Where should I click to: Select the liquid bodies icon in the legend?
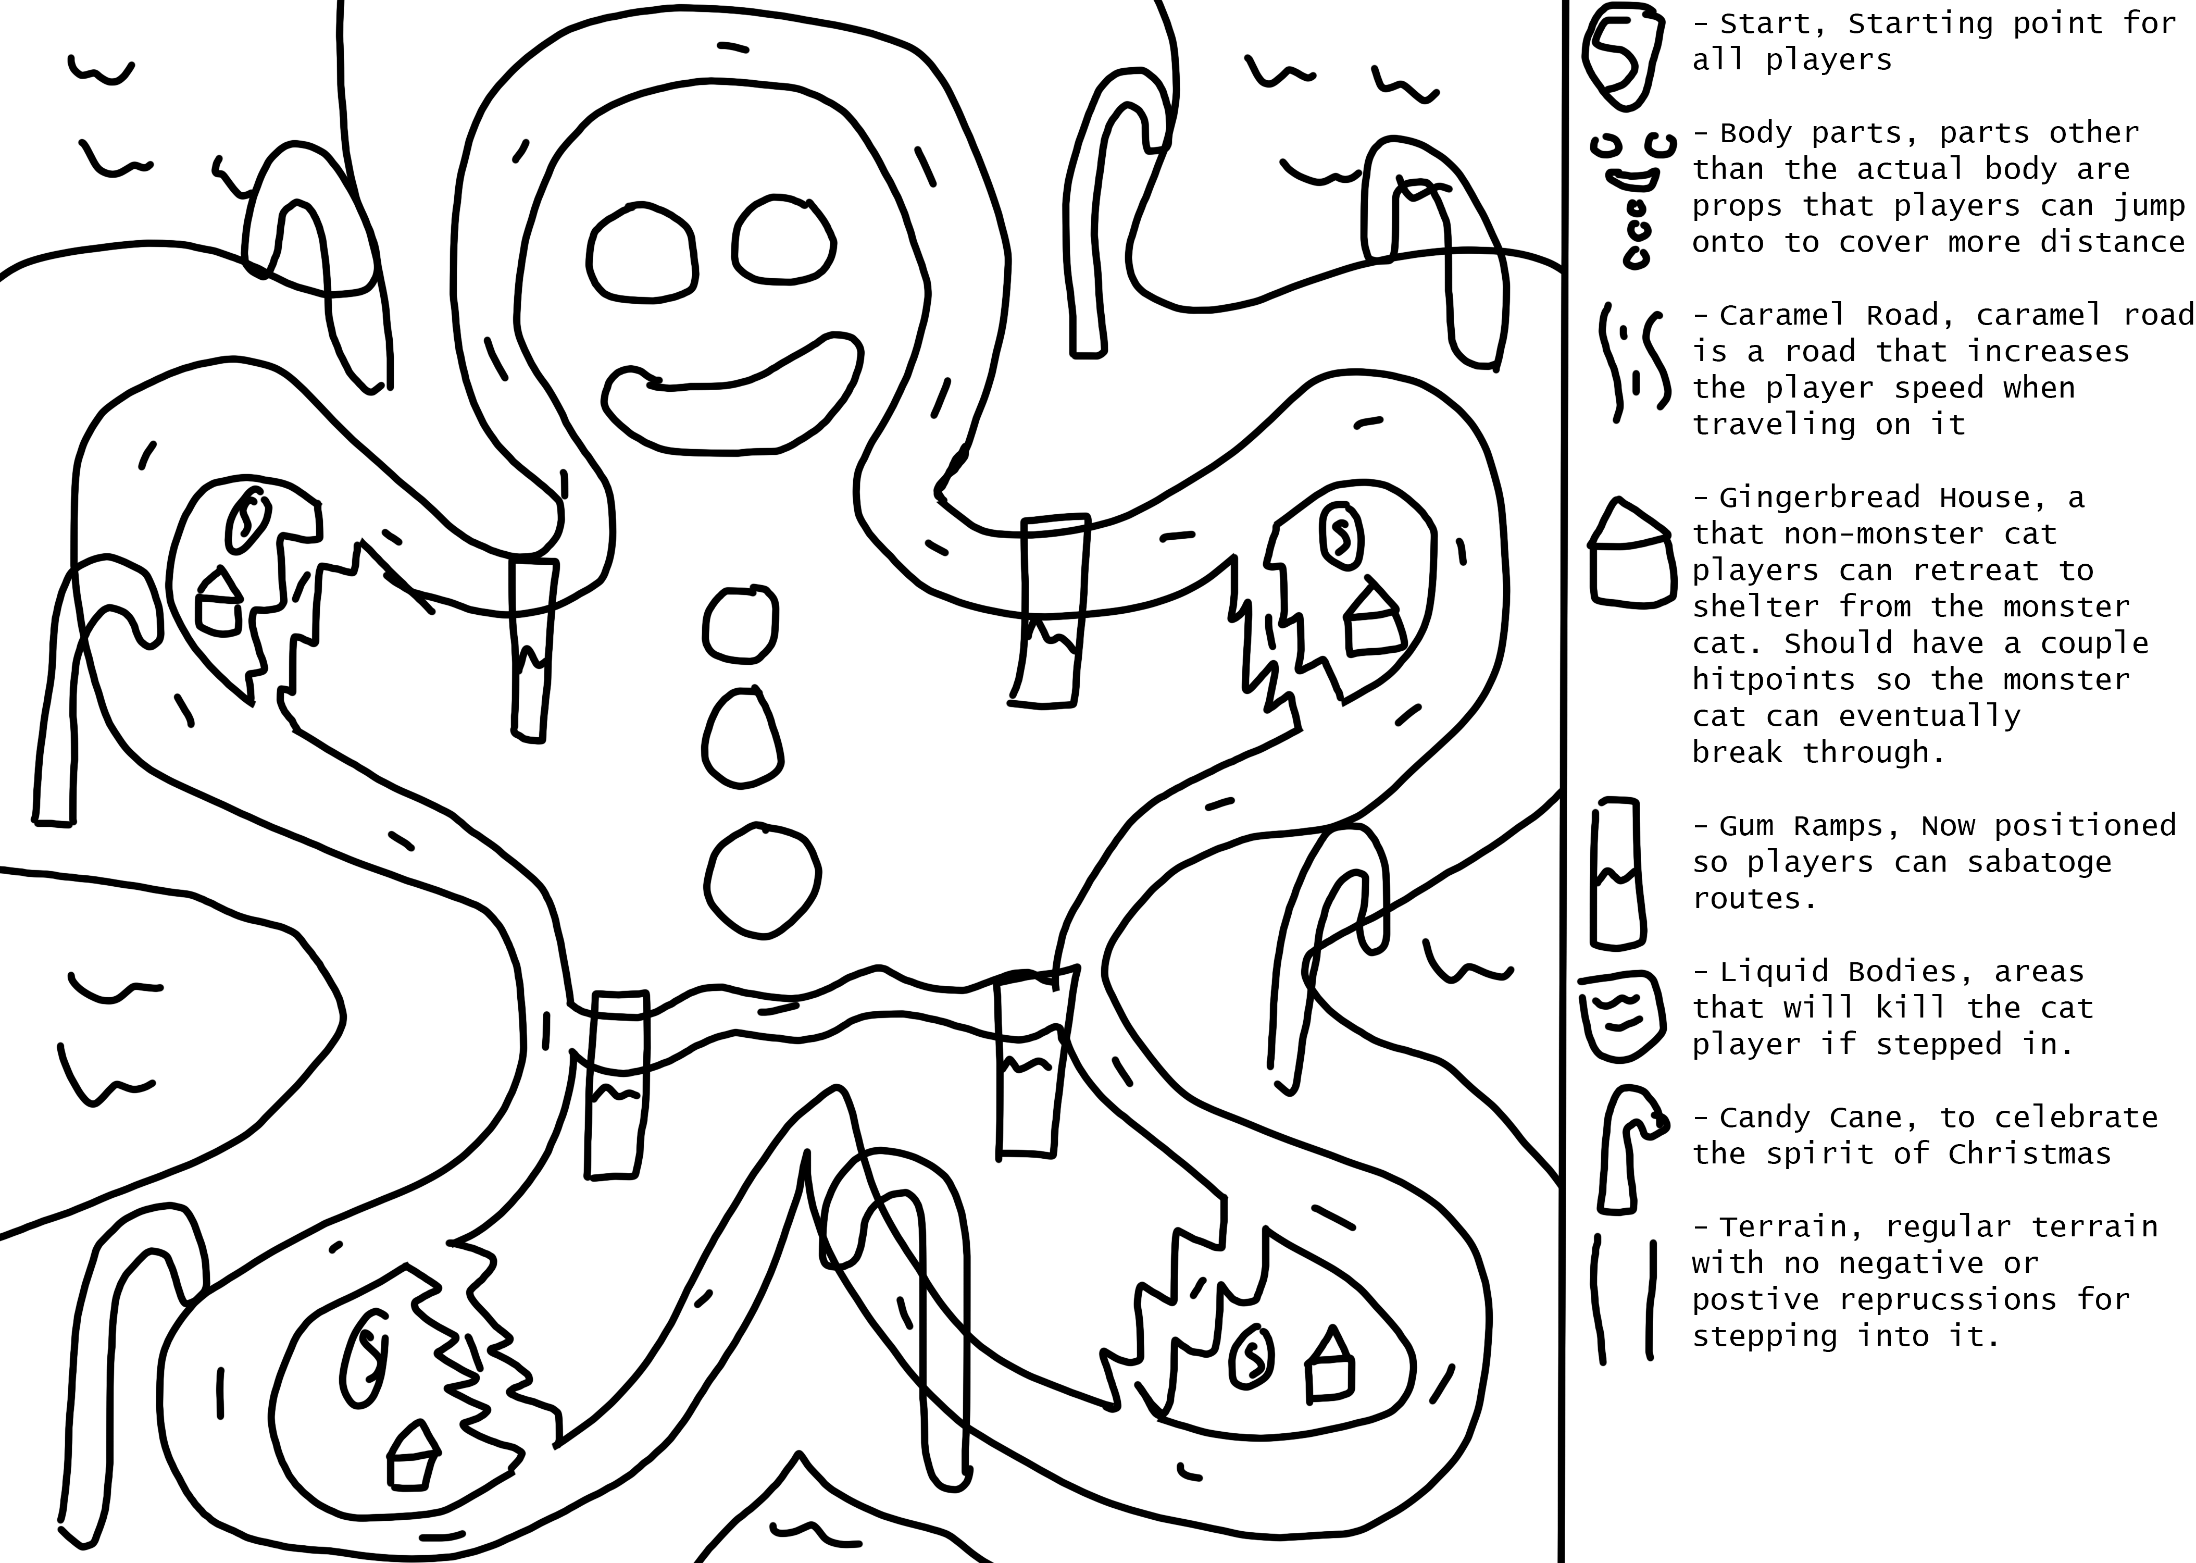pyautogui.click(x=1618, y=1018)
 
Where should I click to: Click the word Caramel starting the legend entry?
pyautogui.click(x=1781, y=315)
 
